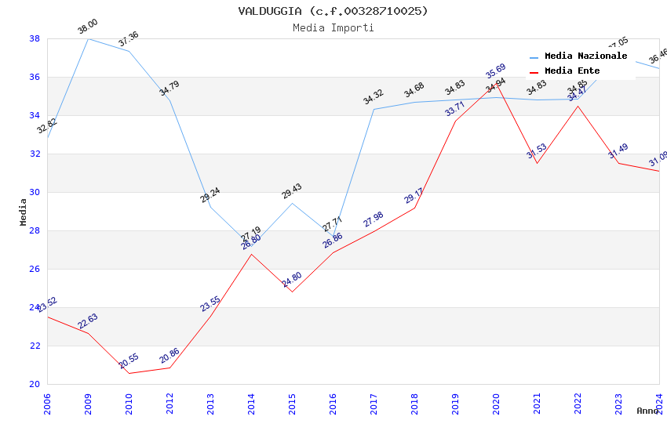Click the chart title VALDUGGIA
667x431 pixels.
(333, 11)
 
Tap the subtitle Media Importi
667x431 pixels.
(333, 27)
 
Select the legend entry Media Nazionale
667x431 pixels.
(585, 56)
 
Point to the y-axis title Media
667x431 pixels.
(23, 212)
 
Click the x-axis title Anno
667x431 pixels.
(647, 411)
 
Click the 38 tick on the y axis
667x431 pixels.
(35, 38)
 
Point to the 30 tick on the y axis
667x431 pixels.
(35, 192)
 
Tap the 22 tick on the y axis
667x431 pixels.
(35, 346)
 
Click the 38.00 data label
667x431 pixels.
(87, 27)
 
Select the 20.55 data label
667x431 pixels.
(129, 361)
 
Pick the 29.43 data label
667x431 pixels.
(292, 191)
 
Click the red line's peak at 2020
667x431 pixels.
(496, 83)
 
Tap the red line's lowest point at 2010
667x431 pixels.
(129, 373)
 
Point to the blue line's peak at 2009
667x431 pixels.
(88, 38)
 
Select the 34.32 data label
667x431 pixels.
(373, 97)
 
